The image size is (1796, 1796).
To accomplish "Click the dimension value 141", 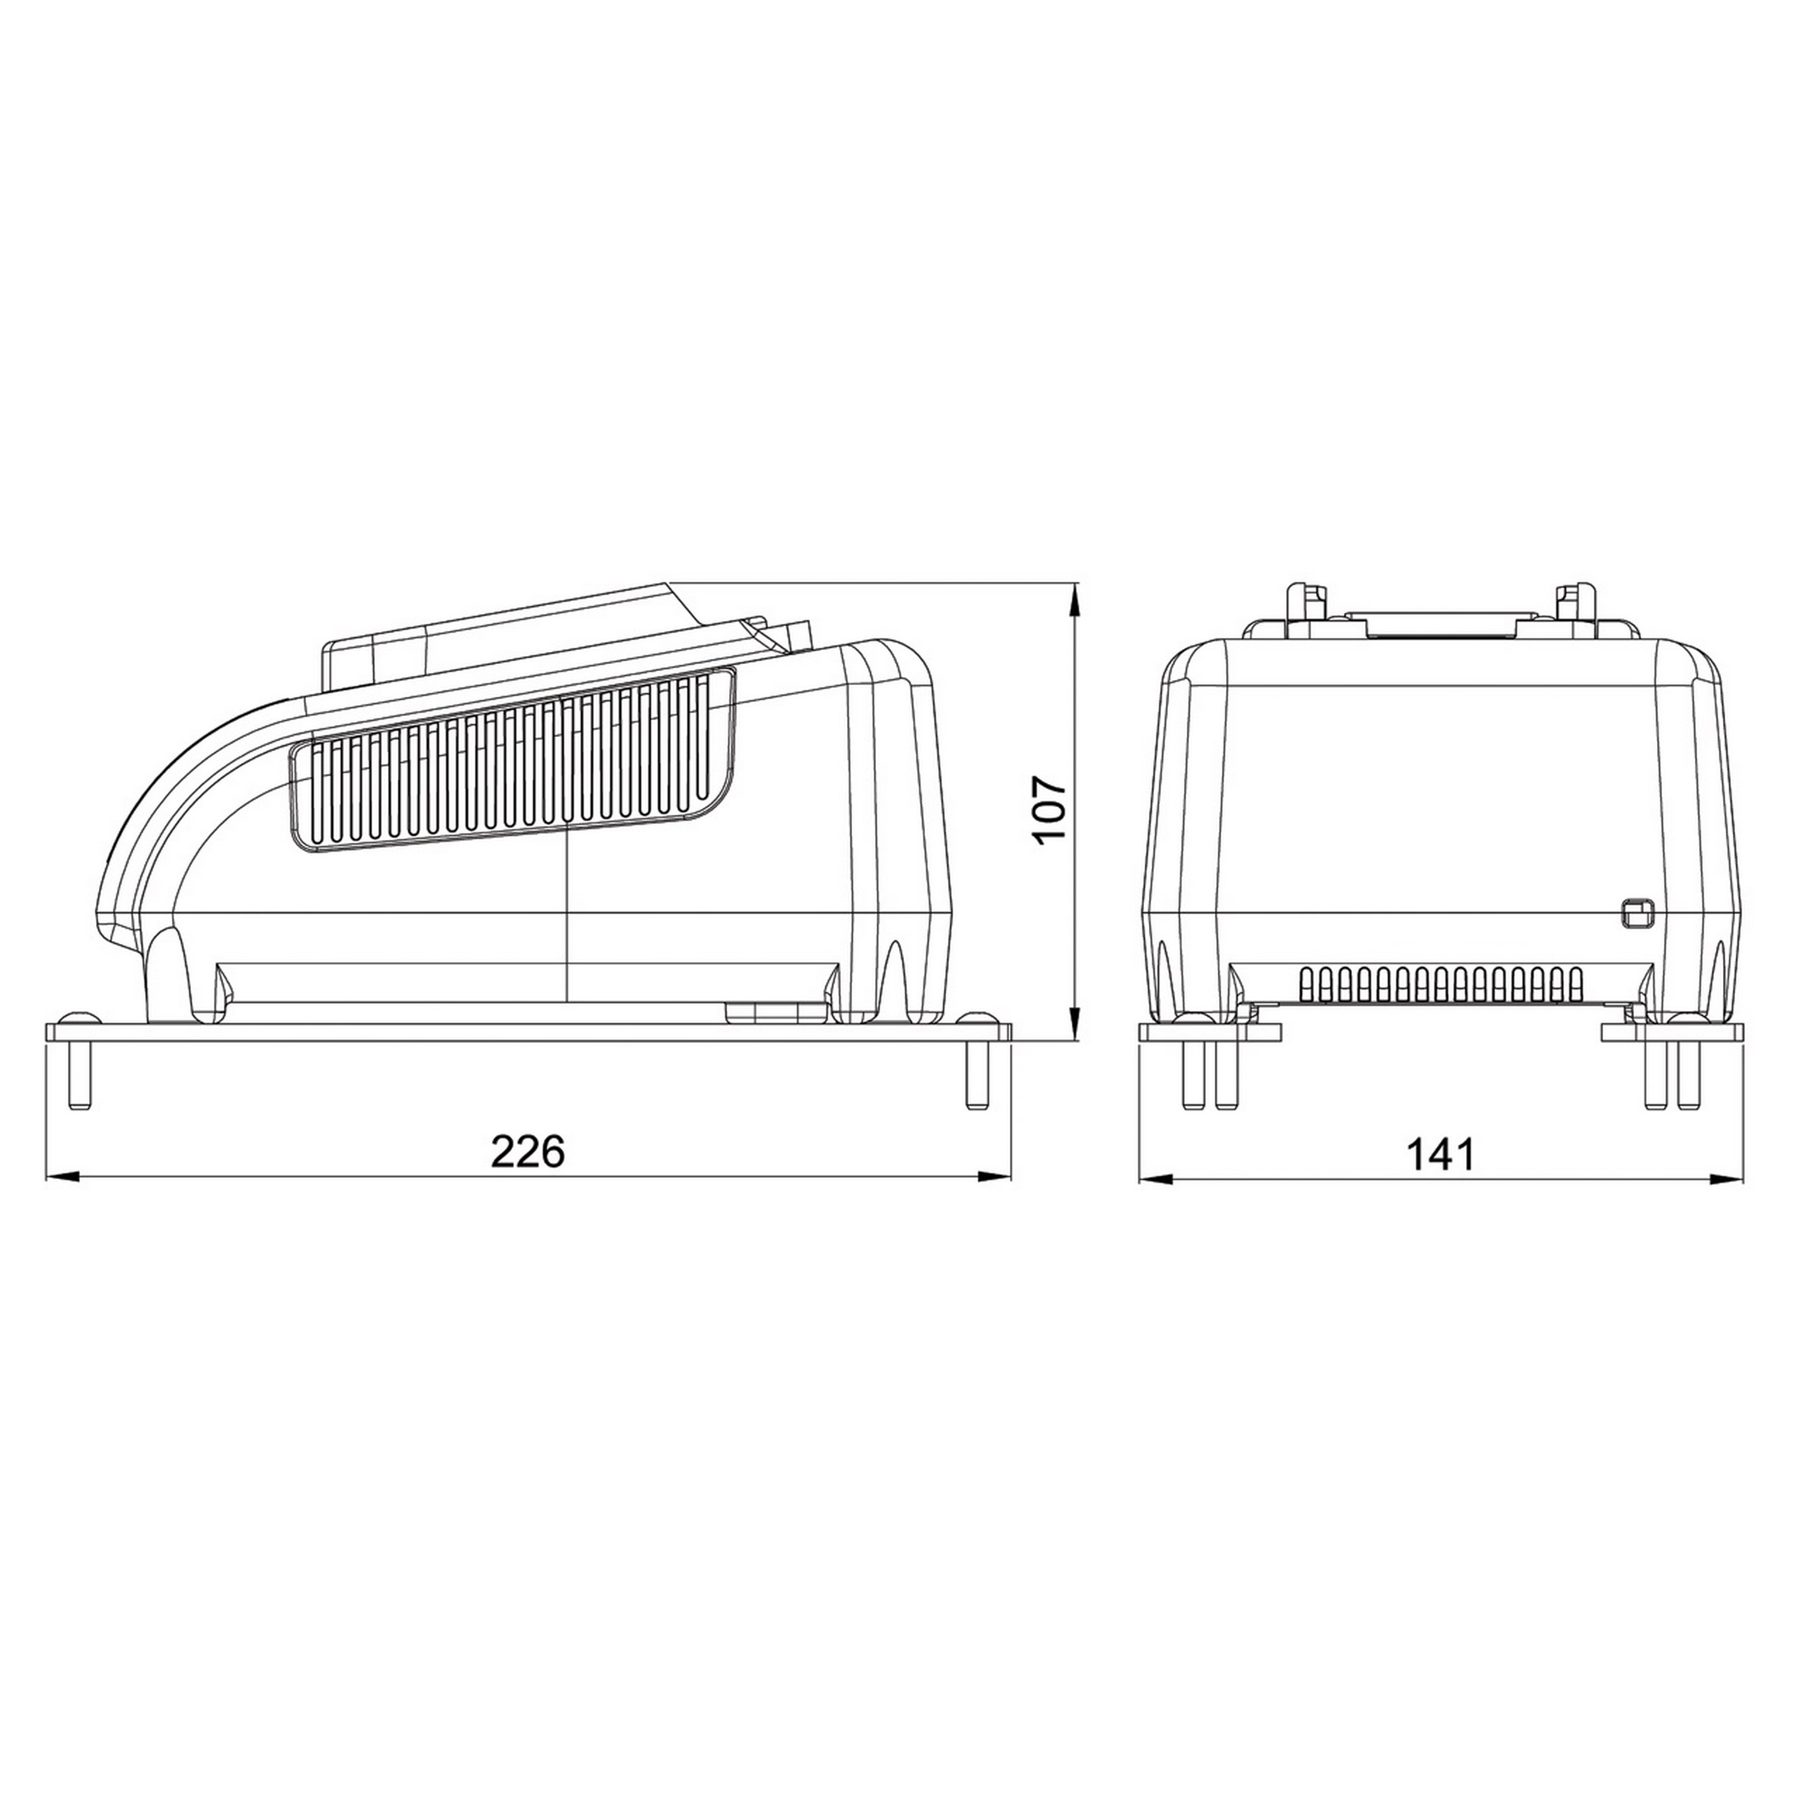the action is pos(1440,1155).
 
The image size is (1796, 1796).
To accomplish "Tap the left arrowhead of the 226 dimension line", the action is pos(59,1178).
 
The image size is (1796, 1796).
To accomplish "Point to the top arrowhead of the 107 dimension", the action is pos(1076,597).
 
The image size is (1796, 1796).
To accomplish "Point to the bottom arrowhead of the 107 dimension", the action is pos(1076,1024).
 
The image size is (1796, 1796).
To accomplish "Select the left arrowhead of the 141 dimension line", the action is pos(1154,1178).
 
